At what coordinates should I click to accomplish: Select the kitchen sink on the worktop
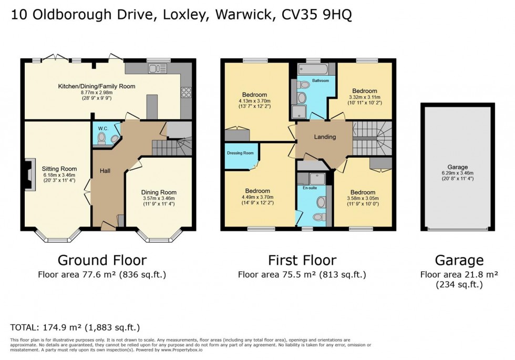click(157, 68)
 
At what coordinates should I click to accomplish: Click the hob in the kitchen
click(187, 92)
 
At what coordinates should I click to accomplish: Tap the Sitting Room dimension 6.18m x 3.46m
click(59, 175)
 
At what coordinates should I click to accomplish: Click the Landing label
click(325, 137)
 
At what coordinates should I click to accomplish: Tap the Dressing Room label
click(240, 153)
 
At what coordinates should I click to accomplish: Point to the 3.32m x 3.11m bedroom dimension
click(365, 97)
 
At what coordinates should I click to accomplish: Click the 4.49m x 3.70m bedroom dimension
click(257, 197)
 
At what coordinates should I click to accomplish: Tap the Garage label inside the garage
click(457, 166)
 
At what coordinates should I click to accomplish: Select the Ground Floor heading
click(102, 260)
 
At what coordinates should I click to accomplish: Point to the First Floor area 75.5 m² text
click(302, 274)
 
